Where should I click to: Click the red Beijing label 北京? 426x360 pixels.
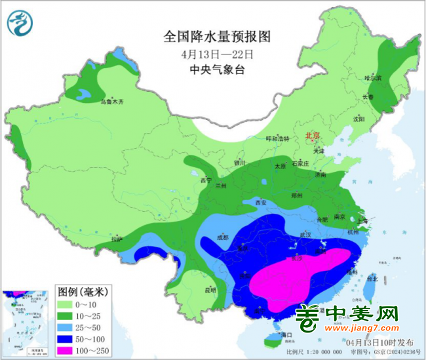click(311, 136)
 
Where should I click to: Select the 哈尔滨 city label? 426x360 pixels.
click(372, 78)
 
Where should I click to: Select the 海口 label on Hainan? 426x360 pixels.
click(284, 335)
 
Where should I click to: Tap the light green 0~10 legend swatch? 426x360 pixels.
click(69, 305)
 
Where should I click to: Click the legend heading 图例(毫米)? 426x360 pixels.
click(83, 290)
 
